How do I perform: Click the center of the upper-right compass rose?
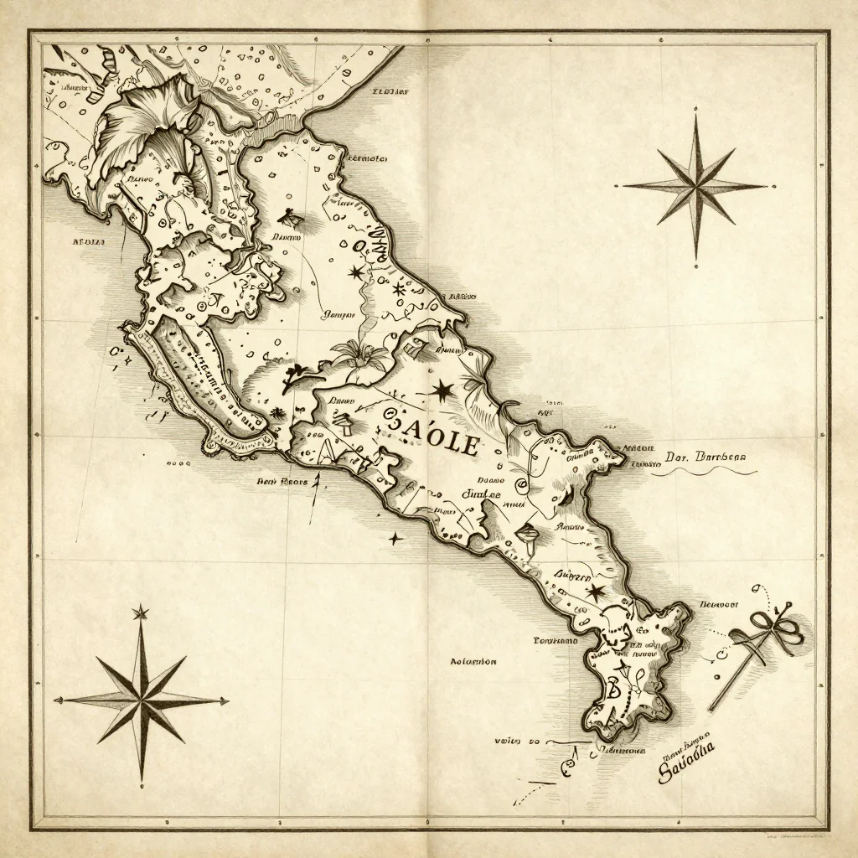point(696,186)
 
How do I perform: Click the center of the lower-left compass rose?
point(141,700)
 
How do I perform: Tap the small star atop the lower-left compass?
point(141,613)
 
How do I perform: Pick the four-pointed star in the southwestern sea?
point(393,538)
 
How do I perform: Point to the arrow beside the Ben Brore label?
point(315,501)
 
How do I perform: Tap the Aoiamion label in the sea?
point(473,661)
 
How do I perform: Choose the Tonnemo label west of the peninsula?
point(555,640)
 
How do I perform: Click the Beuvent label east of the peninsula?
point(718,603)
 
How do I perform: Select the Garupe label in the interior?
point(339,316)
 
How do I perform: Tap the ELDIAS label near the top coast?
point(389,92)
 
